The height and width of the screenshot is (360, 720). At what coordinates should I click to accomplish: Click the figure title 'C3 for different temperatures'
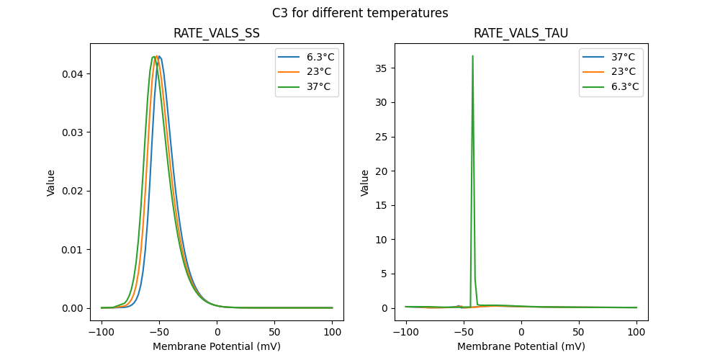pos(360,13)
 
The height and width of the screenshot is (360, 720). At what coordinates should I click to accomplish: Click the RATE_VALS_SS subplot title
pos(217,33)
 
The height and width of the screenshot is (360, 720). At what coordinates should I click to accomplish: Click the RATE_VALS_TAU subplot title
pos(521,33)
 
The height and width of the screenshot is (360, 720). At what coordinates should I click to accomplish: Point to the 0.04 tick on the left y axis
pos(72,73)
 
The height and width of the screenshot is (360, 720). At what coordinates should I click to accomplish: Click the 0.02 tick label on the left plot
pos(72,191)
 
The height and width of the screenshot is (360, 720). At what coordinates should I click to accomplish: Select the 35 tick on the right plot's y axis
pos(382,68)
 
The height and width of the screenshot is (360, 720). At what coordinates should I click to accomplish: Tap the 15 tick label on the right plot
pos(382,205)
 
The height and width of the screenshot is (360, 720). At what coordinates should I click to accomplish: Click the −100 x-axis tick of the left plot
pos(102,333)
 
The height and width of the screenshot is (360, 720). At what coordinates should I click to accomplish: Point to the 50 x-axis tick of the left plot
pos(274,333)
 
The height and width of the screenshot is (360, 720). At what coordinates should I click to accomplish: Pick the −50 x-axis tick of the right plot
pos(464,333)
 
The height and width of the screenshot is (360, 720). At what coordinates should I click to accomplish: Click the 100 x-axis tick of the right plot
pos(636,333)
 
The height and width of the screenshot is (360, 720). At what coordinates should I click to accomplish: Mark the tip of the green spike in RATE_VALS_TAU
pos(472,55)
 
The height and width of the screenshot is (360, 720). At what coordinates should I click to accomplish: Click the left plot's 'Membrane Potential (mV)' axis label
pos(217,346)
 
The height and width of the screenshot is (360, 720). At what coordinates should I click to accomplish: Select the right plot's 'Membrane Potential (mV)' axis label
pos(521,346)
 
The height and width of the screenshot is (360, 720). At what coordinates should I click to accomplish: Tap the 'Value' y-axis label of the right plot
pos(365,182)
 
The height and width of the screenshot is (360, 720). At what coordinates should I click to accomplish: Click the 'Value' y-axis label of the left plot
pos(51,182)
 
